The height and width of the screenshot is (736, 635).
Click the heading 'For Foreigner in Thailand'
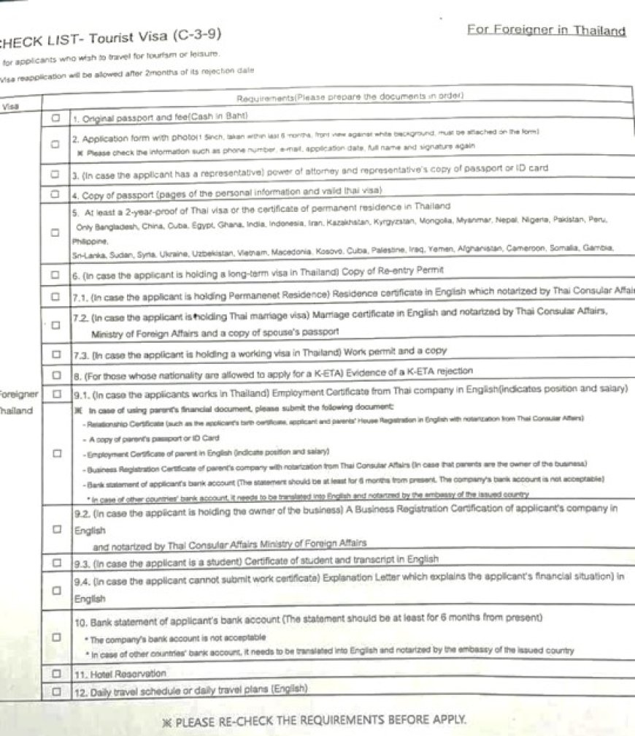[x=547, y=31]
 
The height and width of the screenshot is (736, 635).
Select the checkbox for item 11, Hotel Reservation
[x=55, y=672]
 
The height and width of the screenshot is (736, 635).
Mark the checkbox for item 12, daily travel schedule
[x=55, y=690]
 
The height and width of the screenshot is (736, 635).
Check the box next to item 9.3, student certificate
[x=56, y=563]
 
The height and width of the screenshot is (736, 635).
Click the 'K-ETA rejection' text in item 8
[x=436, y=371]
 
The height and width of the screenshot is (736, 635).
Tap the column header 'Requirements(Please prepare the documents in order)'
[x=350, y=97]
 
